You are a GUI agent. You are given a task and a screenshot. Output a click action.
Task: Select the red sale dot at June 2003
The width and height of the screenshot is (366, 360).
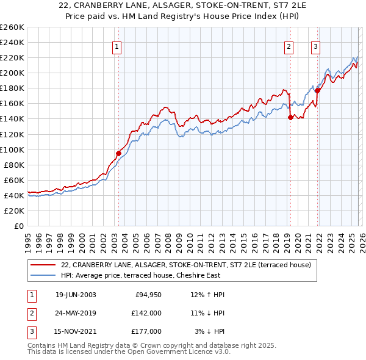coord(118,153)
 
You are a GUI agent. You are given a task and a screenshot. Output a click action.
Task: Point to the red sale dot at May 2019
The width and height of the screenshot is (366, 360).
coord(290,117)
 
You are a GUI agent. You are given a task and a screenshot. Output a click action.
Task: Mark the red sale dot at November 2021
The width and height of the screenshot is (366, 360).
coord(317,90)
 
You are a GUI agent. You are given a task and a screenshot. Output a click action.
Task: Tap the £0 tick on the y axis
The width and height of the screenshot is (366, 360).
coord(18,226)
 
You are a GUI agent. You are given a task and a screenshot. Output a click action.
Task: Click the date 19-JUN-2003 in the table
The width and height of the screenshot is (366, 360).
coord(76,295)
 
